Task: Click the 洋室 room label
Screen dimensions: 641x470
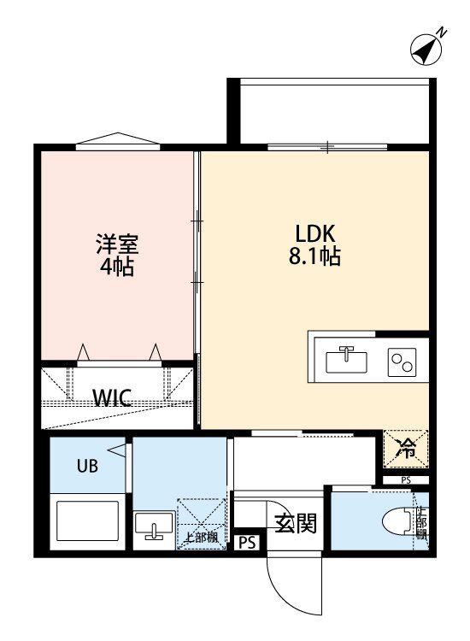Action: [115, 242]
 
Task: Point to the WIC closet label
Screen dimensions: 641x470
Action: [112, 397]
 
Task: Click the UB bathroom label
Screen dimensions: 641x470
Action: [88, 466]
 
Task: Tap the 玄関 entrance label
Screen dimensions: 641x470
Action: [295, 522]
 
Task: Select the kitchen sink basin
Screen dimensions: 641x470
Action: [347, 360]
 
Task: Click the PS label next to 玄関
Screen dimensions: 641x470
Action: [247, 542]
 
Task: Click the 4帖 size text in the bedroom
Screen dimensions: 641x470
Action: [115, 265]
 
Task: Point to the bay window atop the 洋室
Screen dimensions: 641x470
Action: [116, 141]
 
